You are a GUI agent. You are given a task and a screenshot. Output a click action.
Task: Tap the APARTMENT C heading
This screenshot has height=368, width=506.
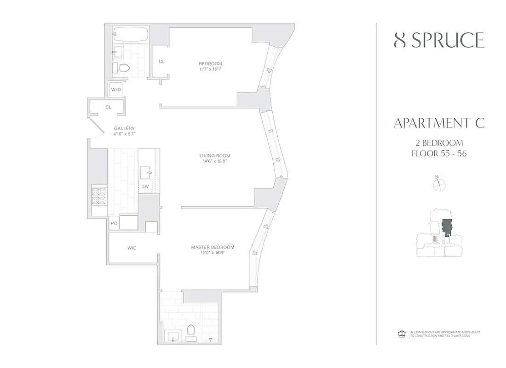tap(439, 123)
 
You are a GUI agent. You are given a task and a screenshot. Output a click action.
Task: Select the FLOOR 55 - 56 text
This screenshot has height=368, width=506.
tap(439, 154)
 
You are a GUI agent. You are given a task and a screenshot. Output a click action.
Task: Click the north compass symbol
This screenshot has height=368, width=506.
tap(440, 184)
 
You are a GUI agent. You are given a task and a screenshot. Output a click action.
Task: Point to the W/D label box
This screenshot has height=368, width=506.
tap(116, 90)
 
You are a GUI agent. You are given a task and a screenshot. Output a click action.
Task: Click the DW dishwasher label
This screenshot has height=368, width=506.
tap(145, 186)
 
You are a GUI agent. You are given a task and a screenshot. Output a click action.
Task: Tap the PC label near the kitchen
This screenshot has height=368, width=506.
tap(114, 224)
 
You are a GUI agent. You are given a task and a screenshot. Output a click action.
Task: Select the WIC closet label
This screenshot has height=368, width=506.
tap(132, 248)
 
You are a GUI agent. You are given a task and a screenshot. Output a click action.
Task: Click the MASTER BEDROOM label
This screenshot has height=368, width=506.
tap(213, 247)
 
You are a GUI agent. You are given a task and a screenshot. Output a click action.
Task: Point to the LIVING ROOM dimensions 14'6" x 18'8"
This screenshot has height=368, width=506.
tap(212, 161)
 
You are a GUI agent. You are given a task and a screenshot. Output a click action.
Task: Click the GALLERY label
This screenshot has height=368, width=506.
tap(124, 128)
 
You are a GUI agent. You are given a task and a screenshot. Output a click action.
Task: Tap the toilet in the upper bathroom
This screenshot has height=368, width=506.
tap(123, 69)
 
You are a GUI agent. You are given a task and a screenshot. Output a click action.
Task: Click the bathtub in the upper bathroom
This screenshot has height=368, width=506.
tap(131, 35)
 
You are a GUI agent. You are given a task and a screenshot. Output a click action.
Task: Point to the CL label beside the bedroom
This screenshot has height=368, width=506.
tap(162, 61)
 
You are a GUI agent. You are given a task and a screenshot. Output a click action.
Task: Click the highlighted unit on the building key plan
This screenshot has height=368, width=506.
tap(446, 228)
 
